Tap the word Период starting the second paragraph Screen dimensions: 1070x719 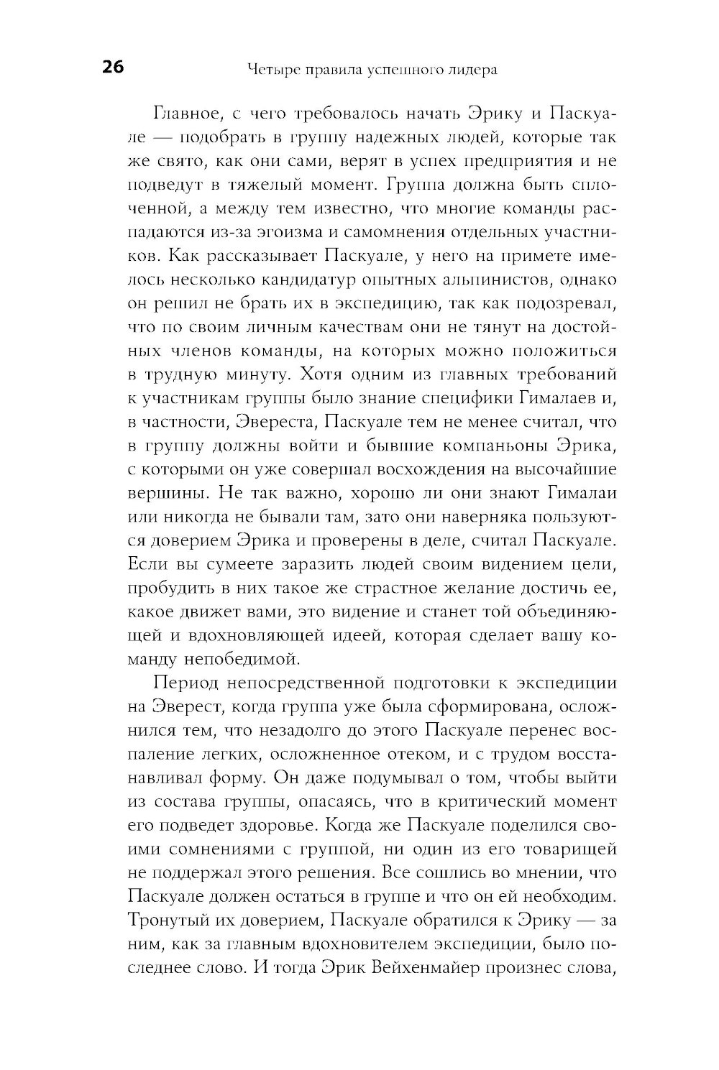pos(185,682)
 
